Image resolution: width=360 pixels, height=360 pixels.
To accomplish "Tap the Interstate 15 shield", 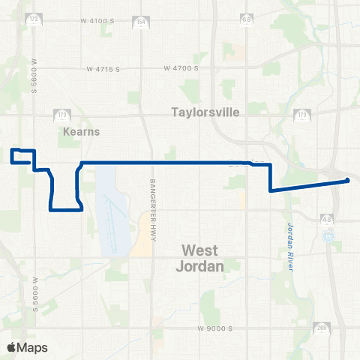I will (x=329, y=236).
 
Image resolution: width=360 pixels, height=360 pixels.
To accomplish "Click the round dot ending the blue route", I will (x=347, y=180).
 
